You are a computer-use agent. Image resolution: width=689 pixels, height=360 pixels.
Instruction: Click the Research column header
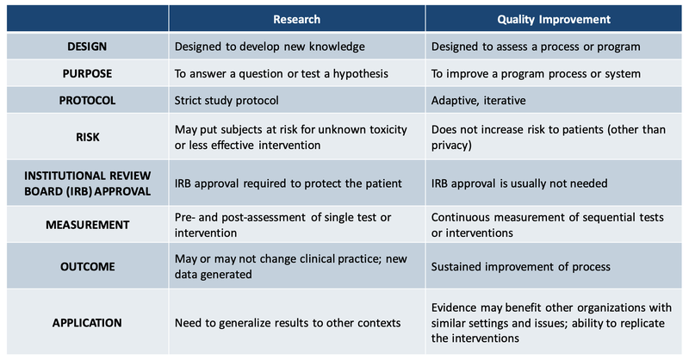[297, 18]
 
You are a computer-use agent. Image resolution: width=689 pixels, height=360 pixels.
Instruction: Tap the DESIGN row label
[84, 47]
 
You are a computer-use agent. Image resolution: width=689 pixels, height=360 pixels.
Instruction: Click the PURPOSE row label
[84, 73]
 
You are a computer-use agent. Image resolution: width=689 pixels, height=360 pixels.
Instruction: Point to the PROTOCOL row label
[84, 100]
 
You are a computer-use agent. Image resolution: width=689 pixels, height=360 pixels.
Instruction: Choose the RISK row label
[84, 136]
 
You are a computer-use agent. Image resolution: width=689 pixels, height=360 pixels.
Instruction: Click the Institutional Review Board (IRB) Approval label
[84, 183]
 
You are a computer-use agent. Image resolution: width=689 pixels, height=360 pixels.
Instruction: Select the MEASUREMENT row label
[84, 224]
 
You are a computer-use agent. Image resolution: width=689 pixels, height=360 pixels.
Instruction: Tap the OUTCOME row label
[84, 266]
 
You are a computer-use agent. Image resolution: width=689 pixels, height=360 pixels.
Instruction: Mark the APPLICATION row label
[84, 322]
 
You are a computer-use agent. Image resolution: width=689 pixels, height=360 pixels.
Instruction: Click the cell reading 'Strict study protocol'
[227, 100]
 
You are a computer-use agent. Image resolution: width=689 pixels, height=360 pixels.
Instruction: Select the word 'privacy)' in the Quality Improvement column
[454, 145]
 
